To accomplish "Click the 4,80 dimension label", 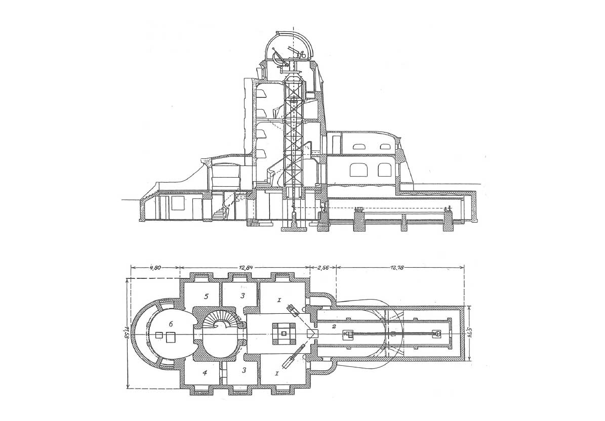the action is pos(155,268).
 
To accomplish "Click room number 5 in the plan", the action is pos(207,296).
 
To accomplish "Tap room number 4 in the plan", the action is pos(205,373).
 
